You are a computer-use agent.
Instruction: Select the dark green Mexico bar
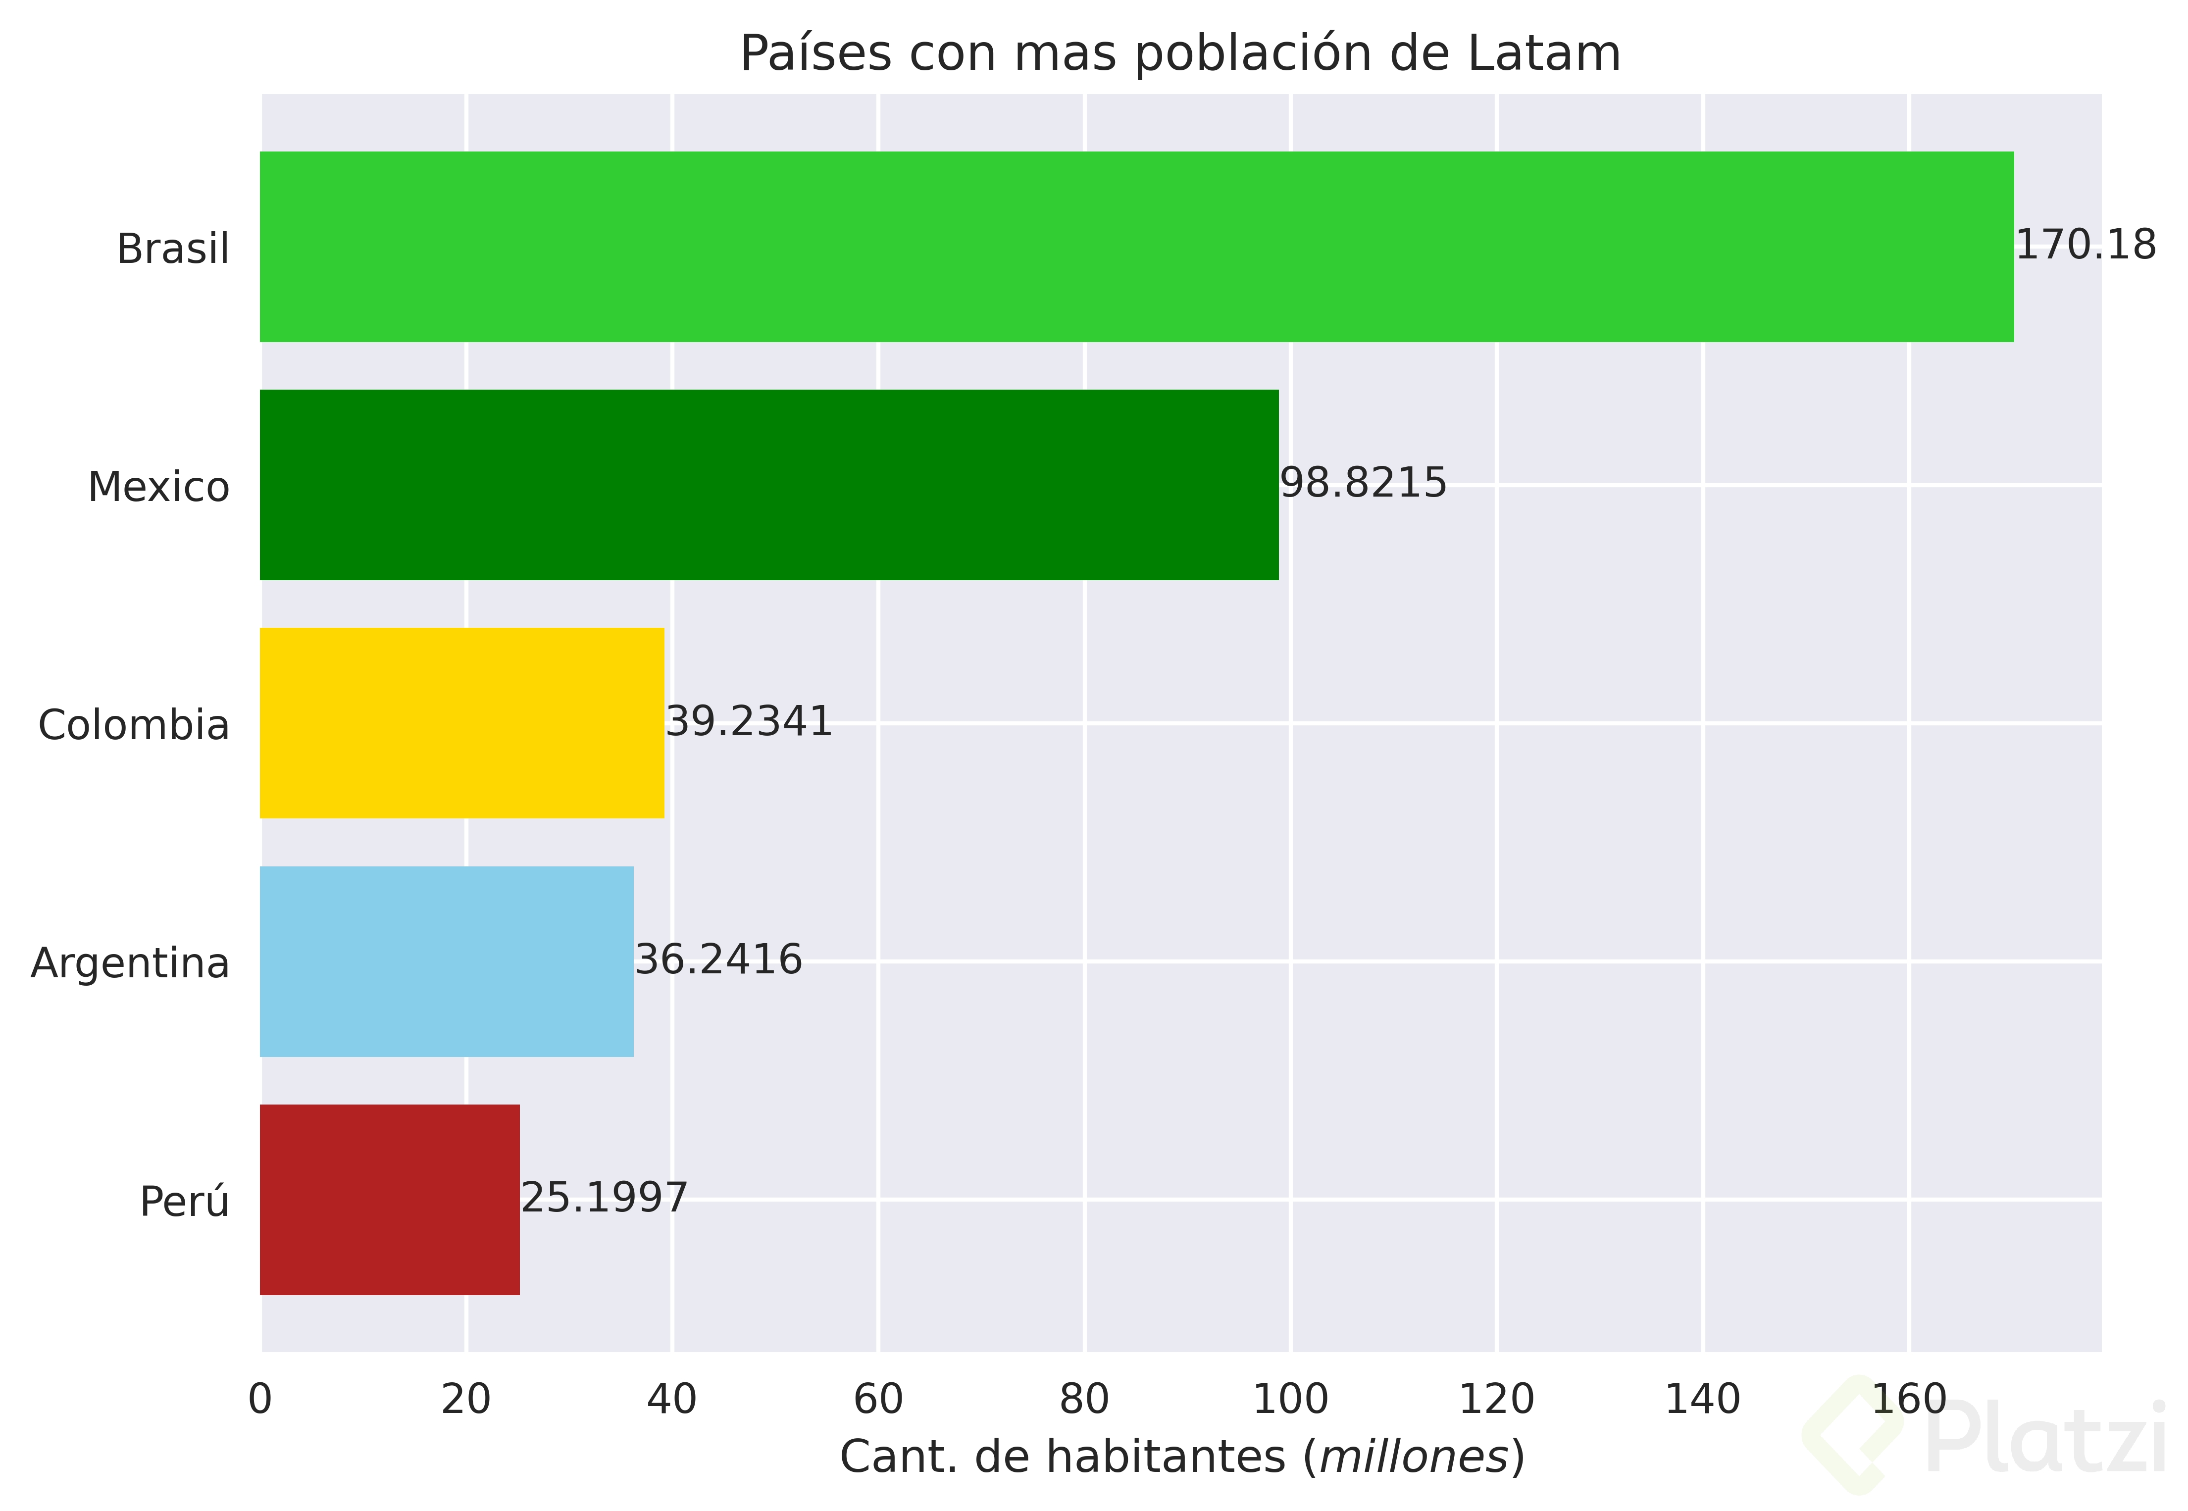pyautogui.click(x=769, y=485)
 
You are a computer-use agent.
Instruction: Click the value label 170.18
pyautogui.click(x=2085, y=245)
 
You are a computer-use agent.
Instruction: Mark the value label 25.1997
pyautogui.click(x=604, y=1199)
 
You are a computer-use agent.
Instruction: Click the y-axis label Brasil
pyautogui.click(x=173, y=249)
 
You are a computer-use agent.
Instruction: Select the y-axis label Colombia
pyautogui.click(x=134, y=725)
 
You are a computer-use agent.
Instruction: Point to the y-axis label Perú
pyautogui.click(x=185, y=1202)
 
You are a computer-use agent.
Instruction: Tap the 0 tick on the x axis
pyautogui.click(x=260, y=1399)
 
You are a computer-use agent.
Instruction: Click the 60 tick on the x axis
pyautogui.click(x=878, y=1399)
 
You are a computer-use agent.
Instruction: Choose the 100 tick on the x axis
pyautogui.click(x=1290, y=1399)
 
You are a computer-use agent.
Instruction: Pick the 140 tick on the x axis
pyautogui.click(x=1702, y=1399)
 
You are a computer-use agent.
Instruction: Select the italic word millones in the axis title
pyautogui.click(x=1415, y=1457)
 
